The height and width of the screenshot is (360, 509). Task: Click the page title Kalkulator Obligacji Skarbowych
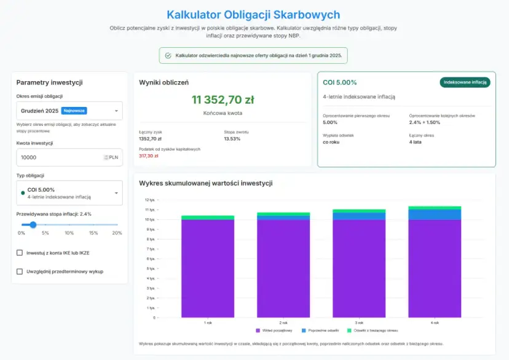(x=253, y=15)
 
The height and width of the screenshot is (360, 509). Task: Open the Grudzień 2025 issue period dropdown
(x=69, y=111)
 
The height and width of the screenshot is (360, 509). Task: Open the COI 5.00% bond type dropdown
(x=69, y=193)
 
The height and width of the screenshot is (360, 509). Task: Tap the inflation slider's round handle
(x=33, y=225)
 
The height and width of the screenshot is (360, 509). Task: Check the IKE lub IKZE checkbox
(x=20, y=252)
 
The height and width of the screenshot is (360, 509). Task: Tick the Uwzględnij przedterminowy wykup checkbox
(x=20, y=271)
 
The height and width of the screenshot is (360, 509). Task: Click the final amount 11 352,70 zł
(x=223, y=100)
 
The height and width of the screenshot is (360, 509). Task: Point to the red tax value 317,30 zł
(x=149, y=156)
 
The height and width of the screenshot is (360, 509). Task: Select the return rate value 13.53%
(x=232, y=139)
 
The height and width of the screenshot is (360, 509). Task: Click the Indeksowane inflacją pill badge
(x=465, y=82)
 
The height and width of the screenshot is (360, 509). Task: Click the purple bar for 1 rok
(x=208, y=268)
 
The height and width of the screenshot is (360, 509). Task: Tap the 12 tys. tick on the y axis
(x=150, y=200)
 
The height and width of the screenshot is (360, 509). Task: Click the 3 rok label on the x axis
(x=359, y=323)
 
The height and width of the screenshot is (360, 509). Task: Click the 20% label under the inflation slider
(x=117, y=233)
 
